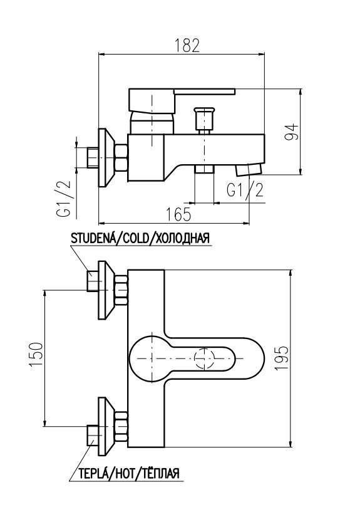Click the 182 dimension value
point(187,46)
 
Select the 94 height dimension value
point(291,132)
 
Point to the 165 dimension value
point(178,215)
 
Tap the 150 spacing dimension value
point(36,355)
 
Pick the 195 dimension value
point(282,358)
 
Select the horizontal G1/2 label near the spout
point(245,191)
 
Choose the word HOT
point(123,474)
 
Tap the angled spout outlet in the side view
point(249,169)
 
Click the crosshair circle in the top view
point(205,358)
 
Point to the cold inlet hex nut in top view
point(121,290)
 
